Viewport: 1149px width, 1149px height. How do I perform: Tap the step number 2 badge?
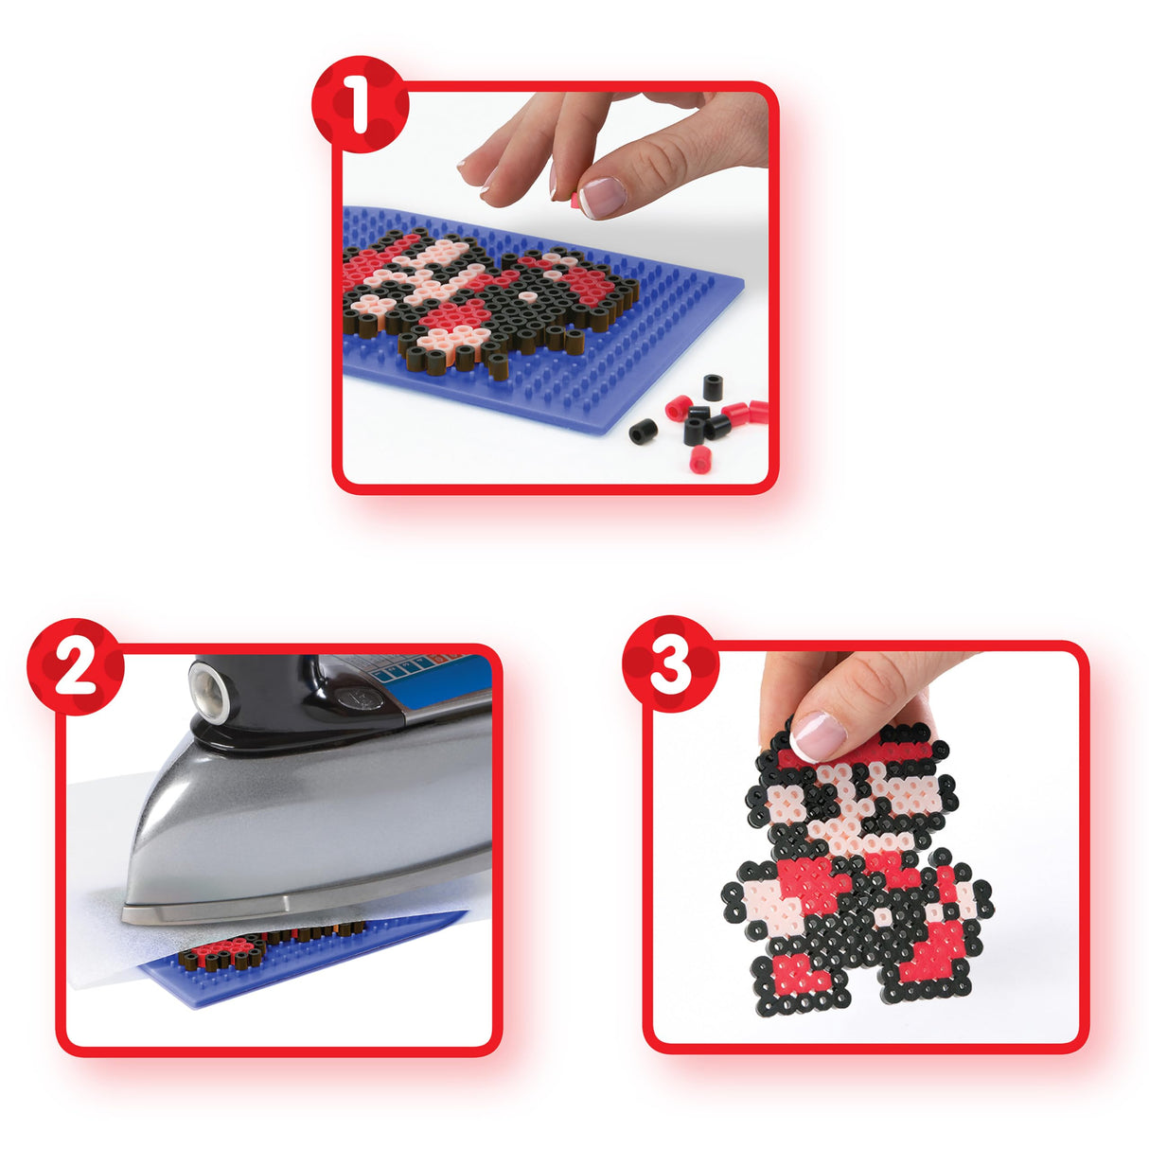(75, 666)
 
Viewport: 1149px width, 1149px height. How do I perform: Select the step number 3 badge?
(670, 664)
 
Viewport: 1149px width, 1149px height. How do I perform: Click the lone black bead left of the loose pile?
(644, 431)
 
